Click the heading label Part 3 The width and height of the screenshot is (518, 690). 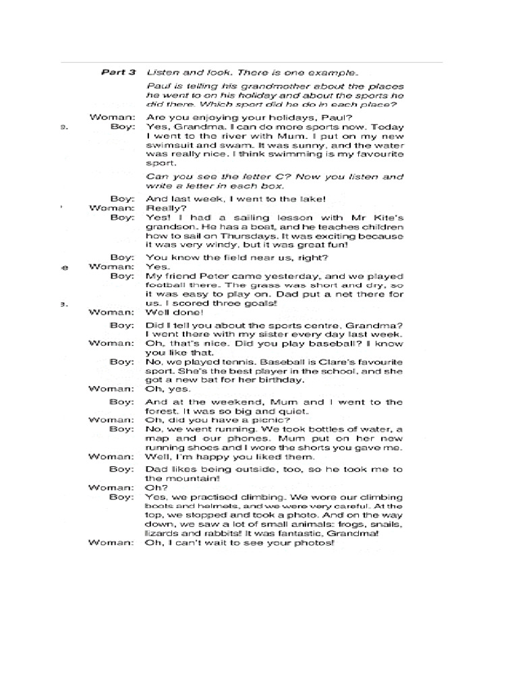pyautogui.click(x=118, y=72)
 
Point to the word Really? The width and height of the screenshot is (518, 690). pyautogui.click(x=162, y=208)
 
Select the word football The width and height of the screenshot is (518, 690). pyautogui.click(x=165, y=285)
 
